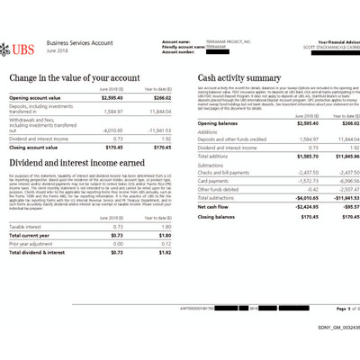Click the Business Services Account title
[81, 41]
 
